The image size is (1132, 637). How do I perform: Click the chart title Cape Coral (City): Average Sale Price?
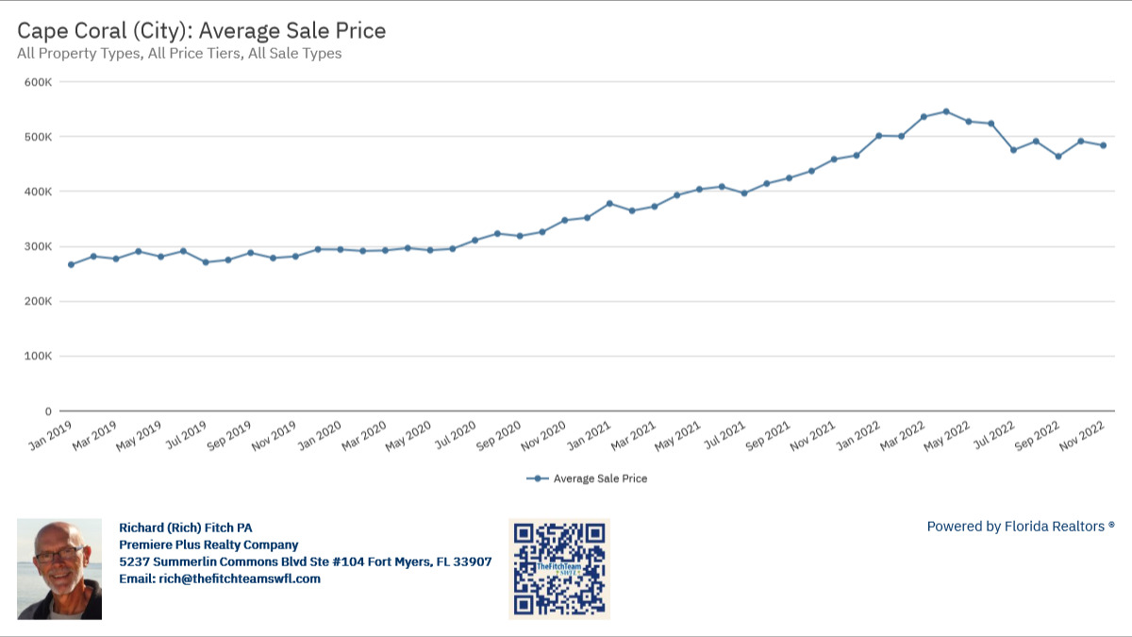tap(202, 30)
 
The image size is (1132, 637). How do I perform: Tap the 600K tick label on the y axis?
tap(39, 82)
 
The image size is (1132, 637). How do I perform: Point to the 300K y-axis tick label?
tap(39, 246)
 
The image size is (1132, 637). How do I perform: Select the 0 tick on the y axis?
tap(47, 411)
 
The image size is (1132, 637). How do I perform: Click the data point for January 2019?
tap(71, 264)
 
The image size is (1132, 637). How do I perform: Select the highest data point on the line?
tap(946, 111)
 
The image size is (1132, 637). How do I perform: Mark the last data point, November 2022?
tap(1103, 145)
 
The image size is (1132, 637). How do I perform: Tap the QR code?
tap(559, 568)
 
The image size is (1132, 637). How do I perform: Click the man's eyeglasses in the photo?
tap(58, 555)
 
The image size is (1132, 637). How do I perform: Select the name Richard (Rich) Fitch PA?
tap(186, 528)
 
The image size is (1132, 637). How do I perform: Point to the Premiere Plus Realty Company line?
tap(208, 545)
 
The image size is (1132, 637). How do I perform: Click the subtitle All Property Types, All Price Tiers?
tap(179, 54)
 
